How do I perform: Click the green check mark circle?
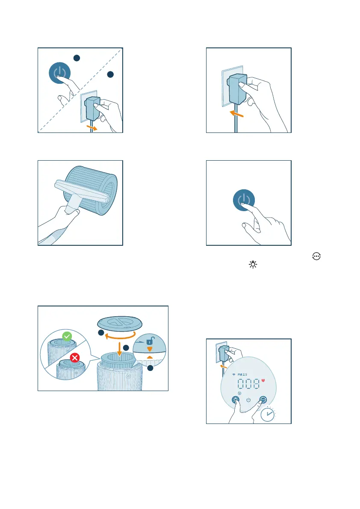click(67, 336)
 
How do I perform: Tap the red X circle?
click(75, 358)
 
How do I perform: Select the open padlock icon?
click(150, 341)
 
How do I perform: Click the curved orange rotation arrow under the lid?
click(120, 337)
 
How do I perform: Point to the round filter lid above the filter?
click(120, 324)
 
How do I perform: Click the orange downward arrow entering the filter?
click(119, 349)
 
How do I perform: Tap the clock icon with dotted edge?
click(268, 414)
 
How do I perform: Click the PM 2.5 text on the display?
click(242, 375)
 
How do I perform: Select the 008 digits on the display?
click(249, 384)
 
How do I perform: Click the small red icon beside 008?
click(263, 380)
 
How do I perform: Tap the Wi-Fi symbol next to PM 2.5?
click(234, 375)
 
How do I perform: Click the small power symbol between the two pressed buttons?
click(248, 400)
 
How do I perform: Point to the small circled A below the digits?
click(239, 393)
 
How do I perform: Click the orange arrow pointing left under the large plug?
click(236, 114)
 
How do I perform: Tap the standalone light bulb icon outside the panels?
click(253, 265)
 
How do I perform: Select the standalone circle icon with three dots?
click(316, 256)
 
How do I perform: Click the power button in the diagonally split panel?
click(60, 73)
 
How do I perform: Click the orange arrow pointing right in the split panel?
click(92, 127)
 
